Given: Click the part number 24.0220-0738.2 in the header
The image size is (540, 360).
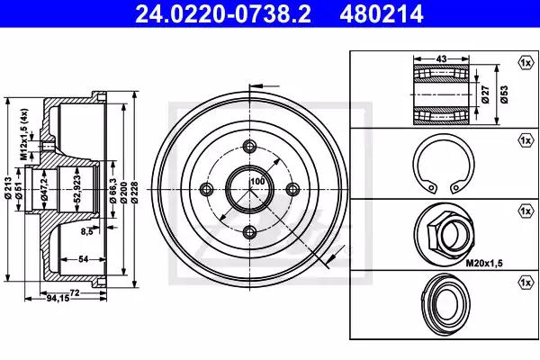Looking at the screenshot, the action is pos(223,13).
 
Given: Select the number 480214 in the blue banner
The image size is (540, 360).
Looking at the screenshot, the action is pos(382,13).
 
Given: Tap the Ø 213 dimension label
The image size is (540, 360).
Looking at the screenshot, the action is pos(9,188).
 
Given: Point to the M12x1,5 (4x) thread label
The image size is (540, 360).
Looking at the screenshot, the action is pos(23,134).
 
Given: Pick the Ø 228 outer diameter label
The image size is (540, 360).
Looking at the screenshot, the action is pos(134,193).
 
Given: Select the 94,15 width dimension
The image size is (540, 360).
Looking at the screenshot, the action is pos(58,299).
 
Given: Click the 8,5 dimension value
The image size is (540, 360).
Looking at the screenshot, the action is pos(87,231).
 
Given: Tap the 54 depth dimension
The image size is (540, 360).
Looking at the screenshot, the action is pos(84,259).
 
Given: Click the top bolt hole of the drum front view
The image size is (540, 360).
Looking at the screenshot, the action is pos(249,146).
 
